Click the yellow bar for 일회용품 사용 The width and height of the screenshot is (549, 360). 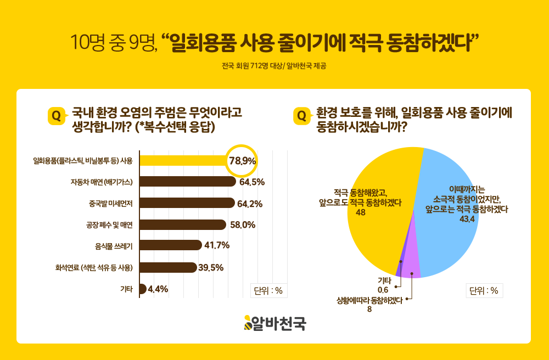tap(184, 160)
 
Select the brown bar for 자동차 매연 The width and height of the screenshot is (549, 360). tap(187, 182)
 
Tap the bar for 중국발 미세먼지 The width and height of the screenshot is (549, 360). tap(187, 203)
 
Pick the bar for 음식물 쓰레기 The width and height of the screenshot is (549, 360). tap(170, 245)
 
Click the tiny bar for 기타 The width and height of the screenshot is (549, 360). tap(143, 289)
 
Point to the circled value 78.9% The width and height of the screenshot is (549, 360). tap(242, 161)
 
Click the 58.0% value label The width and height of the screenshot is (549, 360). tap(242, 224)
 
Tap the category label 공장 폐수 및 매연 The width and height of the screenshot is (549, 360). tap(110, 224)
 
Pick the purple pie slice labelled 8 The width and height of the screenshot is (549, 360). tap(412, 269)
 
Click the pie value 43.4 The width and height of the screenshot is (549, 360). tap(467, 219)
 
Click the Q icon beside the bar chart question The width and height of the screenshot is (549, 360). tap(55, 116)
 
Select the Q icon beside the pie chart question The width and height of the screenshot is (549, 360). tap(302, 116)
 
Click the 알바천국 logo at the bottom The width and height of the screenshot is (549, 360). tap(274, 324)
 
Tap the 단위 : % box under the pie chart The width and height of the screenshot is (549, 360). tap(484, 291)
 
